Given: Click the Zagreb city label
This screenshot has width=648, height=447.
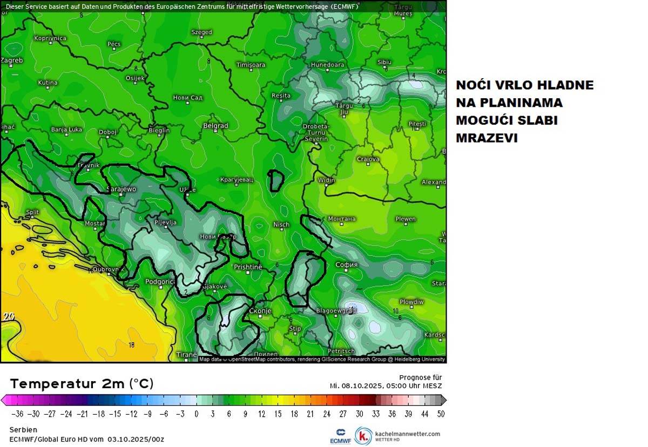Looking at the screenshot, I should (12, 60).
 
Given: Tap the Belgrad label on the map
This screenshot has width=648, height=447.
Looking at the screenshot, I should (215, 126).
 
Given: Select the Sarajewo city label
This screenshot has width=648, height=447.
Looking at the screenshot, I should (122, 189).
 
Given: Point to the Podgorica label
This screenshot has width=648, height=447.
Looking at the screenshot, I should (160, 282).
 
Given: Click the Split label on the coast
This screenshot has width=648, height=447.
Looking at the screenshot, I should (32, 212).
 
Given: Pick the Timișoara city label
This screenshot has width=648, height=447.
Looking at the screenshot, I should (251, 65).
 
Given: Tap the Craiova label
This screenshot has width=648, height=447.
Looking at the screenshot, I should (368, 159).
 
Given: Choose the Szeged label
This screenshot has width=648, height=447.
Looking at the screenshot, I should (202, 32).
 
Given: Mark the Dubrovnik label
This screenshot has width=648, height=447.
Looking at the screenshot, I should (106, 269).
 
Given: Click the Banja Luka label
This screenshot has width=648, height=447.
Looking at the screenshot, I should (66, 130).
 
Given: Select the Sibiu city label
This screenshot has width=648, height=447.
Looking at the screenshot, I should (384, 63).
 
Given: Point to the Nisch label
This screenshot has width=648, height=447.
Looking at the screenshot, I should (281, 225).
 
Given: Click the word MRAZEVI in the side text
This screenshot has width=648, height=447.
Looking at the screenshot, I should (487, 138).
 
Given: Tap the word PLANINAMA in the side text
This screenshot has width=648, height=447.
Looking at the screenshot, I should (509, 103).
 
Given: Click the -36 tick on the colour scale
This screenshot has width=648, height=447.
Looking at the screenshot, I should (17, 414).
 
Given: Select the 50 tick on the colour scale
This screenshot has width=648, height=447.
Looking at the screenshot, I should (441, 414).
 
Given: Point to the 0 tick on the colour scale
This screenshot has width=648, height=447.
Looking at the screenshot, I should (197, 414).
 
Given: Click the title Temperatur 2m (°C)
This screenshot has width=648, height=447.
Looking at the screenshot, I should (82, 384).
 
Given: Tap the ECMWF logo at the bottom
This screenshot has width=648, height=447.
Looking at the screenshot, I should (341, 436).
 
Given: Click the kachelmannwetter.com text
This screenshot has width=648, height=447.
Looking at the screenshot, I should (407, 434).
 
